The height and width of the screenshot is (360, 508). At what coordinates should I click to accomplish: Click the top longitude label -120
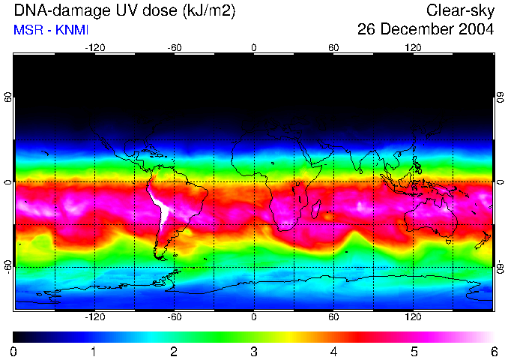coord(94,47)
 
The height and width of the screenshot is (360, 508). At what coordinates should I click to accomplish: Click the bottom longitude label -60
coord(174,316)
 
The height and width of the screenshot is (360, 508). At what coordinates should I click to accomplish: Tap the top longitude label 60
coord(333,47)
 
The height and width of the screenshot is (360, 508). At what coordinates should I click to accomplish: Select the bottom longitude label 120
coord(413,316)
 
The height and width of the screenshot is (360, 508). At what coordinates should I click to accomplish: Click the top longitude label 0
coord(254,47)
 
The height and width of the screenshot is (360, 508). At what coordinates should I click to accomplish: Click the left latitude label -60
coord(8,266)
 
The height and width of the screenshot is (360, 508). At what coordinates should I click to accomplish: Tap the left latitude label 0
coord(8,182)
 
